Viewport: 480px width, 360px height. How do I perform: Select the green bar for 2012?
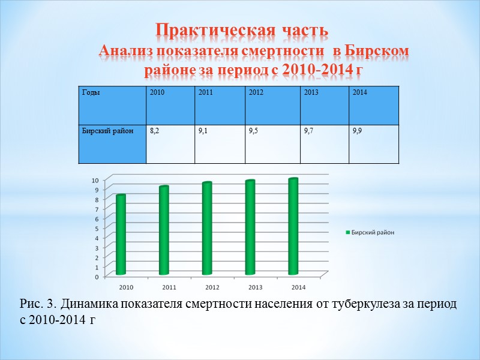coord(206,229)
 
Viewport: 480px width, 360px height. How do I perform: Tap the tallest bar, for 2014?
coord(293,227)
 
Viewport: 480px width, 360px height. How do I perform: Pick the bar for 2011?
coord(164,231)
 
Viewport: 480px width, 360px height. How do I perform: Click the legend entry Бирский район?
coord(372,232)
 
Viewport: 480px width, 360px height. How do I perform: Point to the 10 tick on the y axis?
coord(95,180)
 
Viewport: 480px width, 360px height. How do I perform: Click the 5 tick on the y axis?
coord(97,229)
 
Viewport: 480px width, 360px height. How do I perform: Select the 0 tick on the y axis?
coord(97,277)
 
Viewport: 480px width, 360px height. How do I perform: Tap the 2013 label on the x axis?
coord(256,286)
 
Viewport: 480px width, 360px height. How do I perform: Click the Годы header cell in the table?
coord(89,92)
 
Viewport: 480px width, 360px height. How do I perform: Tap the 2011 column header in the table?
coord(205,92)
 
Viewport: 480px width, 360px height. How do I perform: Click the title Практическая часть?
coord(241,29)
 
